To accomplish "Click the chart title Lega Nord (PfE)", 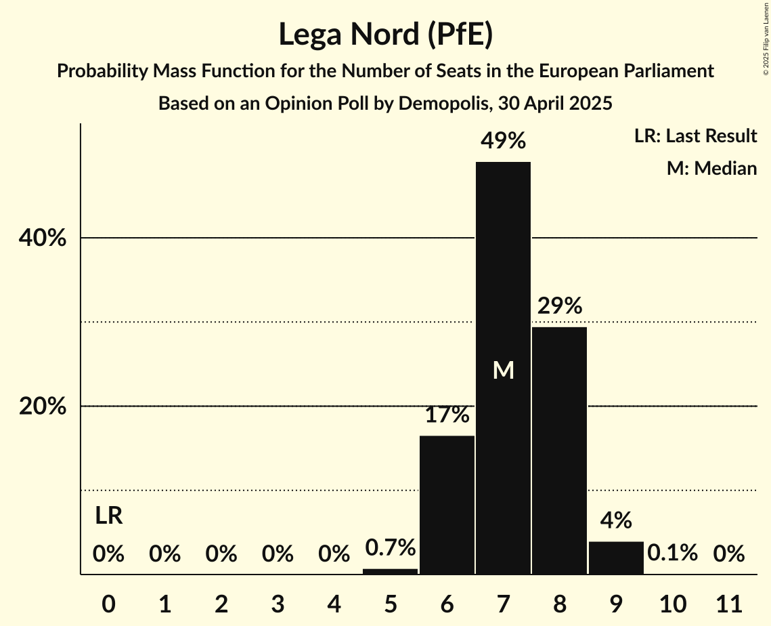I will click(x=385, y=34).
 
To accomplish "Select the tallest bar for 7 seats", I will click(x=503, y=271).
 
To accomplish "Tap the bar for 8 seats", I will click(x=559, y=451).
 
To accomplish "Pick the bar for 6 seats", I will click(x=447, y=505).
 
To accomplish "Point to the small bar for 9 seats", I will click(x=616, y=558).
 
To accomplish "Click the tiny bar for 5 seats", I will click(x=391, y=571).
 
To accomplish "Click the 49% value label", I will click(x=503, y=141).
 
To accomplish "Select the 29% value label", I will click(x=560, y=306).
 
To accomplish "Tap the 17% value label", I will click(x=447, y=415).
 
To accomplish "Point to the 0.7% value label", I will click(x=391, y=547).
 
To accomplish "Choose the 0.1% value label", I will click(x=672, y=554).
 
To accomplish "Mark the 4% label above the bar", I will click(x=616, y=520).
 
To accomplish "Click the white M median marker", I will click(x=503, y=370).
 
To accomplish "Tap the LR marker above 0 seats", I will click(x=108, y=516).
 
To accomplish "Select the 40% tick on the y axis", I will click(x=42, y=238).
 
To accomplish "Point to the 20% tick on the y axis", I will click(x=42, y=406).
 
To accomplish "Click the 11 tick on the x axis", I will click(x=728, y=602).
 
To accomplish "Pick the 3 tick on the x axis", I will click(x=278, y=602).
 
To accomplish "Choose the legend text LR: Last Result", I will click(x=695, y=136).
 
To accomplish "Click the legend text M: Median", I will click(x=711, y=168).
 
